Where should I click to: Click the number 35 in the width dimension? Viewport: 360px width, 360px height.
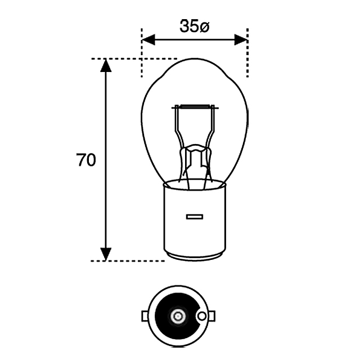(x=189, y=26)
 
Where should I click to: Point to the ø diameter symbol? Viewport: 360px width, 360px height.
(x=204, y=26)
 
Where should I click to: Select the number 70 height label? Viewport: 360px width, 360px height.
(x=86, y=160)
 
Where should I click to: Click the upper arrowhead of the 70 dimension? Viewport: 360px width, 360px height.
(x=105, y=65)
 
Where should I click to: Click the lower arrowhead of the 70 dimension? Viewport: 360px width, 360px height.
(x=105, y=254)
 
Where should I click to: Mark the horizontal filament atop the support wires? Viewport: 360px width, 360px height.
(x=194, y=106)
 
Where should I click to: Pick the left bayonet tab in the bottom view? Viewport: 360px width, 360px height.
(x=145, y=316)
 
